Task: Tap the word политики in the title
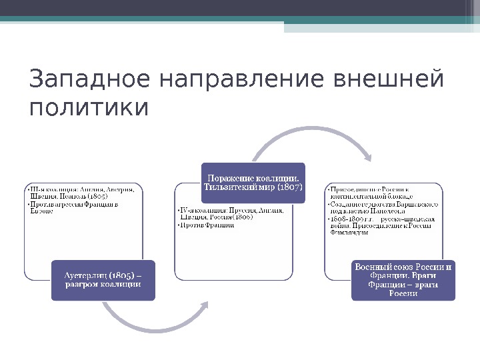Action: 89,107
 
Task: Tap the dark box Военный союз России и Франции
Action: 403,280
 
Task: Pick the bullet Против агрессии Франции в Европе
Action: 73,208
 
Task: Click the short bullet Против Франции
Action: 207,225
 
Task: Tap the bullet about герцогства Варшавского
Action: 383,207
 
